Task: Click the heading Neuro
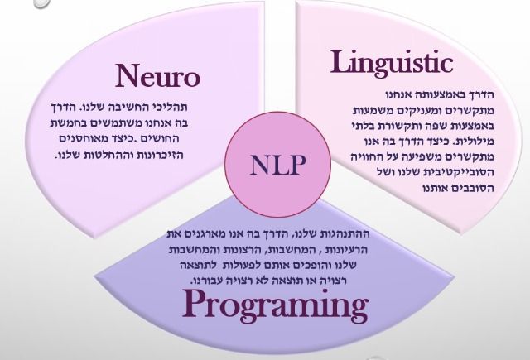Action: pyautogui.click(x=157, y=77)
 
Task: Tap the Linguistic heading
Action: pyautogui.click(x=393, y=62)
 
